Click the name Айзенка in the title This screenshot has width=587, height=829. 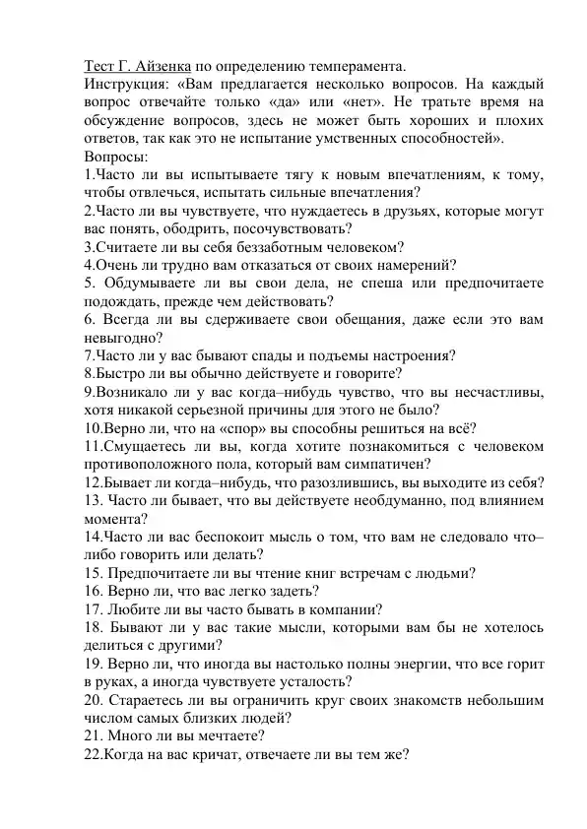150,66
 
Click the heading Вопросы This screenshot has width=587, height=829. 116,156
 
